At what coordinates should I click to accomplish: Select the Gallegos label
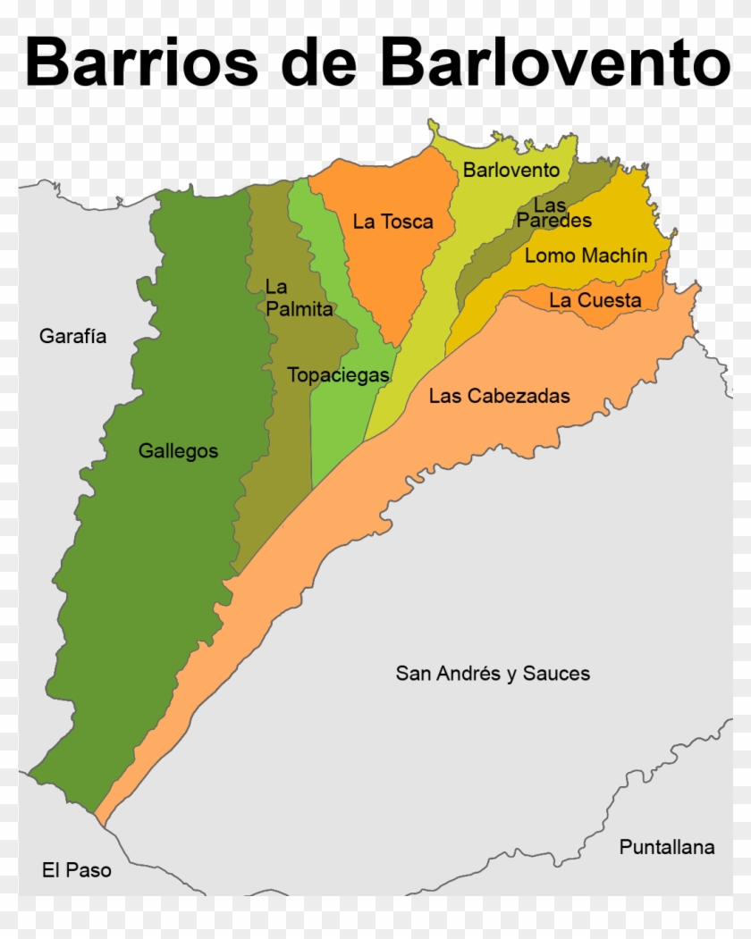(x=178, y=451)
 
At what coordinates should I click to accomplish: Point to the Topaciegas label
(x=338, y=375)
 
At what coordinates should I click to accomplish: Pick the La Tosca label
(x=392, y=222)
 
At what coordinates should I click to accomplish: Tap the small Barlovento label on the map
(x=511, y=170)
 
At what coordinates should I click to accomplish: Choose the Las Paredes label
(x=553, y=213)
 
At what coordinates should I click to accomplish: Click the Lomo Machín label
(x=586, y=256)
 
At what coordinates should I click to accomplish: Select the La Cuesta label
(x=595, y=300)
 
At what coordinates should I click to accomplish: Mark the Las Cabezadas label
(x=499, y=396)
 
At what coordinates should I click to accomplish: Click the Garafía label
(x=72, y=337)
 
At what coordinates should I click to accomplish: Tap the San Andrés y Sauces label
(x=493, y=674)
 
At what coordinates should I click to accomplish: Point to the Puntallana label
(x=666, y=847)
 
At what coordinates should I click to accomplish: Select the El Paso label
(x=77, y=869)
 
